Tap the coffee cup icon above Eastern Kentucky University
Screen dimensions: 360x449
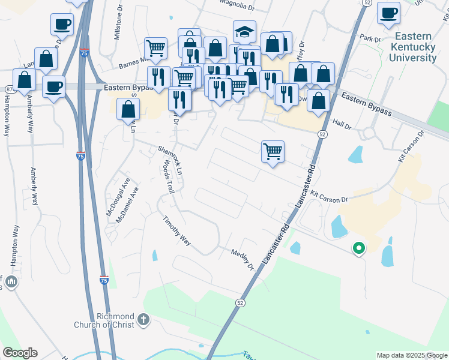pos(388,12)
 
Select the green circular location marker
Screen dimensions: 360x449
pos(358,247)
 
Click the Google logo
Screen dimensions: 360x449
pos(20,353)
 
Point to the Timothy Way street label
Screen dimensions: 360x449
pos(176,231)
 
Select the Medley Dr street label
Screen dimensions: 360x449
pos(243,259)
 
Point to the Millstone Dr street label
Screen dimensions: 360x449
pos(117,27)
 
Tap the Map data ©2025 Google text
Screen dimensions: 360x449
pos(412,355)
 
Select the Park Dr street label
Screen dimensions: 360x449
pos(366,38)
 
